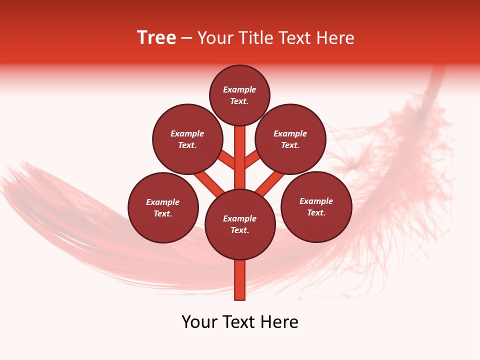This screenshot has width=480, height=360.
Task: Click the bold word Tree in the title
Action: coord(156,38)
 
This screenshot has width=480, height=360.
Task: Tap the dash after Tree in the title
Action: coord(186,38)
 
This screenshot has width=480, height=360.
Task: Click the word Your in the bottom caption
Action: coord(200,322)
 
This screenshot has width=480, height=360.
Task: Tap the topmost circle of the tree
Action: coord(239,95)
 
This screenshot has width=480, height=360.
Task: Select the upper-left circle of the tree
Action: coord(187,139)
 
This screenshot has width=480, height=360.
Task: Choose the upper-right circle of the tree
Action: coord(290,139)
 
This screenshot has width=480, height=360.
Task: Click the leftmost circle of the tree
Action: coord(163,207)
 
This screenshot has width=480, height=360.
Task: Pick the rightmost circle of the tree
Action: coord(316,206)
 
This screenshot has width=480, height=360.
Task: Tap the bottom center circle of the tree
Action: coord(239,224)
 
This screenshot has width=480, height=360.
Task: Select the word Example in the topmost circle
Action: coord(239,90)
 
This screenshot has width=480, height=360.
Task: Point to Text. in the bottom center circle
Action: coord(239,230)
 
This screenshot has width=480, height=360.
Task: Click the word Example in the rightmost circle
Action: coord(316,201)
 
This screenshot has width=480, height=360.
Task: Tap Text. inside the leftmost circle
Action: coord(163,213)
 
